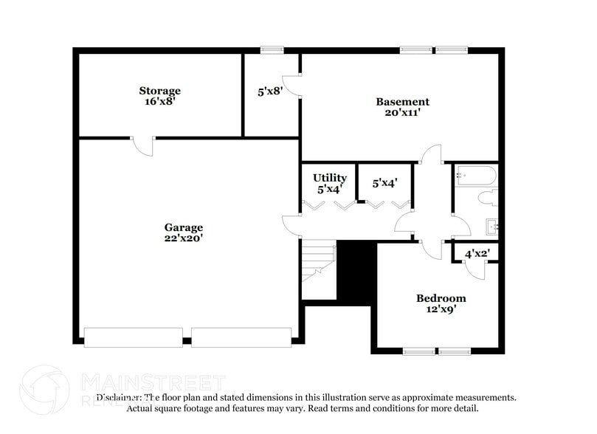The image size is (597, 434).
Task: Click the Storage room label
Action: [x=159, y=91]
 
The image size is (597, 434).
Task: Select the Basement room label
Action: [x=402, y=102]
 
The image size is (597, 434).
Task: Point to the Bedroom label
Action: [x=441, y=298]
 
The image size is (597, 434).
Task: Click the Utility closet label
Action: [x=329, y=178]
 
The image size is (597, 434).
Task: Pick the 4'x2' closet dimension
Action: [x=477, y=254]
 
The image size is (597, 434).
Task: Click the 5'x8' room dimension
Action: [x=270, y=92]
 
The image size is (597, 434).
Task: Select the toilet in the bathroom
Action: [x=487, y=199]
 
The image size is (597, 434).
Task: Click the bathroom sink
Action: [x=491, y=226]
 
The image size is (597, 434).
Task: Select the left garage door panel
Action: [x=133, y=337]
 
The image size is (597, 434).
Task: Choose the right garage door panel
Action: [x=241, y=337]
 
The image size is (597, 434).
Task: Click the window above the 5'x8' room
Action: [x=272, y=49]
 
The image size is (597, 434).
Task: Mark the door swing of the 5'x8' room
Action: [x=291, y=86]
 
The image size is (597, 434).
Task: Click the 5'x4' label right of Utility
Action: [x=384, y=183]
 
